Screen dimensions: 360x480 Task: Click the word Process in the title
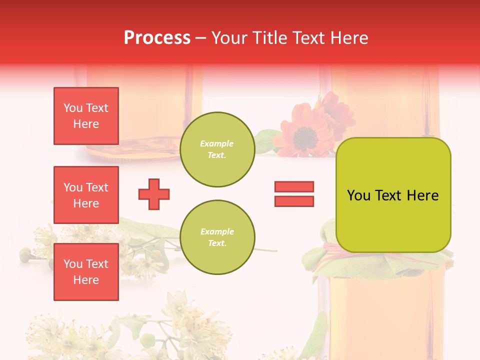157,38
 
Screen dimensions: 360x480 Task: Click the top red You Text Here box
86,116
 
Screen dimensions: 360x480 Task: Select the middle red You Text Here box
86,195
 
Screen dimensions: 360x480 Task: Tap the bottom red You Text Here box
86,271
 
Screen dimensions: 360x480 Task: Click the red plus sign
154,194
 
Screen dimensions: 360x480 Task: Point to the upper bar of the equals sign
294,186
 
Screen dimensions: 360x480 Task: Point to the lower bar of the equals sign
294,201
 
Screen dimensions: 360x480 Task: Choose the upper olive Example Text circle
217,149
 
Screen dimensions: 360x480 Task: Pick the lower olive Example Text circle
217,237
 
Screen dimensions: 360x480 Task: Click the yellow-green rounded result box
393,195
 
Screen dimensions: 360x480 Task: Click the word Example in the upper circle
217,143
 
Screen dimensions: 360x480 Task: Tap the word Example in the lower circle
217,231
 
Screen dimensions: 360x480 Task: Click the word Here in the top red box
86,124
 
